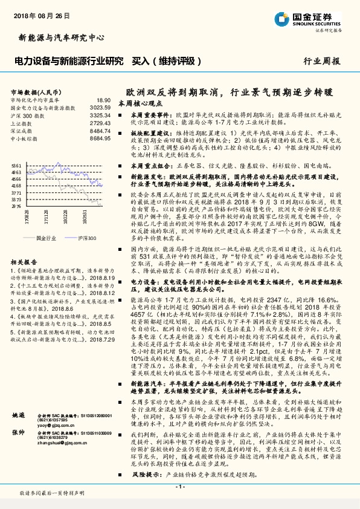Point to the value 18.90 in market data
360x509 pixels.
pyautogui.click(x=103, y=100)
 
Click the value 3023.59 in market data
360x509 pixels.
pyautogui.click(x=100, y=107)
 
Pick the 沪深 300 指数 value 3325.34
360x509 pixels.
pyautogui.click(x=100, y=115)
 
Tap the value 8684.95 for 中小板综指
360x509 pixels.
pyautogui.click(x=100, y=138)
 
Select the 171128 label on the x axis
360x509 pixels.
pyautogui.click(x=47, y=216)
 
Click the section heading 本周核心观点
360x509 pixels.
pyautogui.click(x=140, y=104)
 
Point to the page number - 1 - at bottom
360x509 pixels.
pyautogui.click(x=179, y=487)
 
